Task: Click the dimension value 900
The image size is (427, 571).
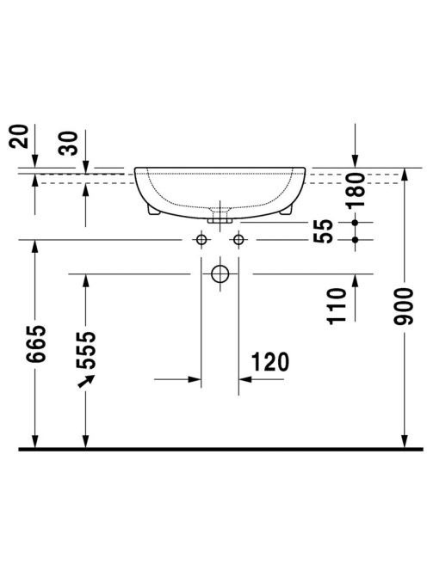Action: coord(404,306)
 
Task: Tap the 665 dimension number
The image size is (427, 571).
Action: coord(36,344)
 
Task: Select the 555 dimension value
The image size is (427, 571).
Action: coord(86,350)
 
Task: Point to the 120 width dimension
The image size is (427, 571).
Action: coord(270,362)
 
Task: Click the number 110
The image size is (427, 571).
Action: coord(337,306)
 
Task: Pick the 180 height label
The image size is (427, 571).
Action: coord(356,190)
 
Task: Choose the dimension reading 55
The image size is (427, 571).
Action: coord(324,230)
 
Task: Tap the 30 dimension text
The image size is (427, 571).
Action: coord(69,143)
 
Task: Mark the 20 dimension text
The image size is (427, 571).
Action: coord(18,137)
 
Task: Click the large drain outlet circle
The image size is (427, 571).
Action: coord(220,273)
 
